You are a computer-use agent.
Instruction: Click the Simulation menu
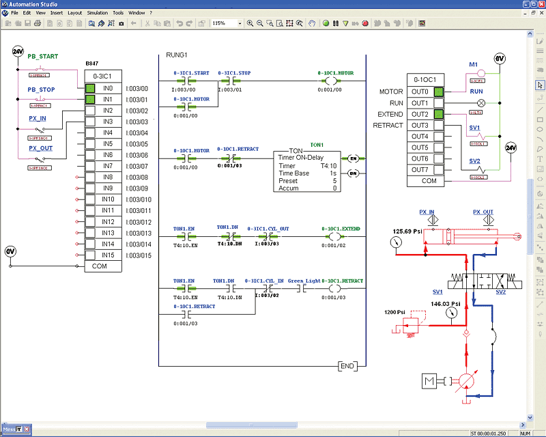[98, 13]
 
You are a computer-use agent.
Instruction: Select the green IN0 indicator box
[90, 89]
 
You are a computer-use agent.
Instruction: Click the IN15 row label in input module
[108, 255]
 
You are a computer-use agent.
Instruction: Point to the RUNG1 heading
[177, 55]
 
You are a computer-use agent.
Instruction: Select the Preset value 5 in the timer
[334, 181]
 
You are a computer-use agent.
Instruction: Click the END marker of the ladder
[347, 367]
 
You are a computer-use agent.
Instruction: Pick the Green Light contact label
[304, 281]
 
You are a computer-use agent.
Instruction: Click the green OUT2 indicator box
[438, 114]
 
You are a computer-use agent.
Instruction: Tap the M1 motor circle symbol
[474, 71]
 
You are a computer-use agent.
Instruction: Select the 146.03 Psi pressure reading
[446, 304]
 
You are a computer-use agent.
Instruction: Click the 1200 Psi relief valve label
[394, 312]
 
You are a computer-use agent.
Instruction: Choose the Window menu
[136, 13]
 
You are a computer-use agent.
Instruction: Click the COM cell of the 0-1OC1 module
[429, 181]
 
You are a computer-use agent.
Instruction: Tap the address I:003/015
[139, 255]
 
